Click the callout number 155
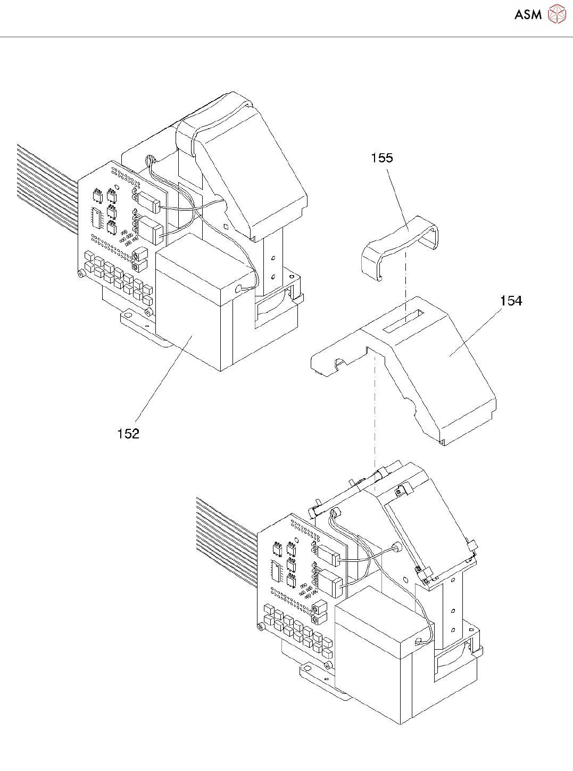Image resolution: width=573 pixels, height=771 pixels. pyautogui.click(x=382, y=158)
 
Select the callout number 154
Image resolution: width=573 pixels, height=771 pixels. pyautogui.click(x=511, y=301)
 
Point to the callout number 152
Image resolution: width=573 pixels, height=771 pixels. pyautogui.click(x=128, y=434)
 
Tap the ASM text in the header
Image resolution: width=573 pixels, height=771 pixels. pyautogui.click(x=528, y=15)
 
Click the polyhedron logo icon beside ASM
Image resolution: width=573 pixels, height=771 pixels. pyautogui.click(x=557, y=14)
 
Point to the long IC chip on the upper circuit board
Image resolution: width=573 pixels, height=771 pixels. pyautogui.click(x=96, y=218)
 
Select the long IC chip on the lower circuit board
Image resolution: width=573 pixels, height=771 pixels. pyautogui.click(x=276, y=572)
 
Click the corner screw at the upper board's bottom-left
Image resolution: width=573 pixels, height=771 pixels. pyautogui.click(x=81, y=273)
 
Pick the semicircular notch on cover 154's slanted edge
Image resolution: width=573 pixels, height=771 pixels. pyautogui.click(x=410, y=408)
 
